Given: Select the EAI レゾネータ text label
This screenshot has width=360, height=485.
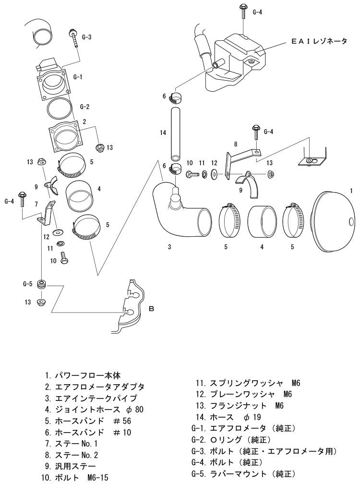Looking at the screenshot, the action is tap(319, 41).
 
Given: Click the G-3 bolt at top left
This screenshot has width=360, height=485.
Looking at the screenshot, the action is tap(74, 38).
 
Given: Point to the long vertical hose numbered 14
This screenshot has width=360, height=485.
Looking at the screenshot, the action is tap(175, 133).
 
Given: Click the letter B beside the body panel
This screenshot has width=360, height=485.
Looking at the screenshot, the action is tap(151, 309).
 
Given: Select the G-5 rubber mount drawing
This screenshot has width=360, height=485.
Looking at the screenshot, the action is tap(41, 284).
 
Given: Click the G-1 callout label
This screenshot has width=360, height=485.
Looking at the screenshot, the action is tap(78, 77).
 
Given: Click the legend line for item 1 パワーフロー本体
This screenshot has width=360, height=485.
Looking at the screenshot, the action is tap(83, 376).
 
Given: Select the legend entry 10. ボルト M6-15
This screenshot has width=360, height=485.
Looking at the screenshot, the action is tap(74, 477).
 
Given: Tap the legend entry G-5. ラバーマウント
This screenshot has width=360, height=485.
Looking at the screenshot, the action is tap(243, 473).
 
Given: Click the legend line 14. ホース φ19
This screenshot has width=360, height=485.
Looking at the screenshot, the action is tap(228, 417).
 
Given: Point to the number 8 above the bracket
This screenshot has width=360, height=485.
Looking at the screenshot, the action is tap(236, 144).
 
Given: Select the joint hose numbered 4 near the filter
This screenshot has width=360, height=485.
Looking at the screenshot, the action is tap(262, 222).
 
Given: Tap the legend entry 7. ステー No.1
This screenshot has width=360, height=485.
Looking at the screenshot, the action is tap(71, 444).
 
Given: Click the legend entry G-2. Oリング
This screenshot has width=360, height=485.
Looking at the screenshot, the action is tap(231, 439).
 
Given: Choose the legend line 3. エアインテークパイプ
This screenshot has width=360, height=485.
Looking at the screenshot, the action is tap(91, 398).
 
